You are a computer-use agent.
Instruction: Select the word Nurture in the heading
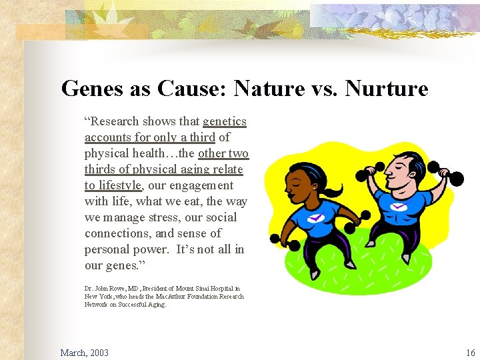coord(387,88)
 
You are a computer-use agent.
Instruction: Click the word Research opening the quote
coord(115,121)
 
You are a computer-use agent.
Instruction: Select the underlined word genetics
coord(225,121)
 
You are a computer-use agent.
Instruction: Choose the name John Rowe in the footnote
coord(107,289)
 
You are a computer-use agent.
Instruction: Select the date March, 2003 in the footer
coord(84,353)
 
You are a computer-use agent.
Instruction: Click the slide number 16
coord(471,353)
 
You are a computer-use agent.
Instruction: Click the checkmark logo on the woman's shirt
coord(316,217)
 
